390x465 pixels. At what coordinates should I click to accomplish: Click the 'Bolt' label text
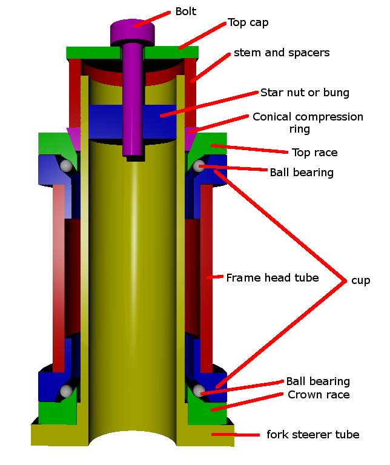186,12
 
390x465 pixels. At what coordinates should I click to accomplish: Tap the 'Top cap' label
248,23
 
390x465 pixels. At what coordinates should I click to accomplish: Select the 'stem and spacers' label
282,53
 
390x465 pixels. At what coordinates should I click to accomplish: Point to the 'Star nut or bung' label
305,93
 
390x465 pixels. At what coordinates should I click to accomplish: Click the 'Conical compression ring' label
308,123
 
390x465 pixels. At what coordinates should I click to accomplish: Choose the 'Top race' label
315,153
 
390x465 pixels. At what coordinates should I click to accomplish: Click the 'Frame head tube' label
273,278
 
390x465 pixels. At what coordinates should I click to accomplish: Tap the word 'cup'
361,280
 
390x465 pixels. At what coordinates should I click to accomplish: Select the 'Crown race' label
319,395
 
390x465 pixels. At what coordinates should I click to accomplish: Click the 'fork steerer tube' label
313,435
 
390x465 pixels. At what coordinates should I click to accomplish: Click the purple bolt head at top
132,32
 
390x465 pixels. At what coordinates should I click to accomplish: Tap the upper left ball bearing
66,165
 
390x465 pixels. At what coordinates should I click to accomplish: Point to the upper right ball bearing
199,166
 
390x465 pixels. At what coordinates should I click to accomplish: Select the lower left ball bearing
66,391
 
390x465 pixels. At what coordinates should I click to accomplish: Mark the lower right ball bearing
199,391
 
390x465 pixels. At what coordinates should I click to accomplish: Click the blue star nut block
132,122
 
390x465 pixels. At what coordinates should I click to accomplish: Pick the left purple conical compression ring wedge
73,139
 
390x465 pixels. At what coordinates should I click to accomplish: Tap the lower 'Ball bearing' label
318,381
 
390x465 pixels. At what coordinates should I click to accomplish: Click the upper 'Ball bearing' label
302,173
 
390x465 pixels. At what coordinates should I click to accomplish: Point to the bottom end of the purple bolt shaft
134,155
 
